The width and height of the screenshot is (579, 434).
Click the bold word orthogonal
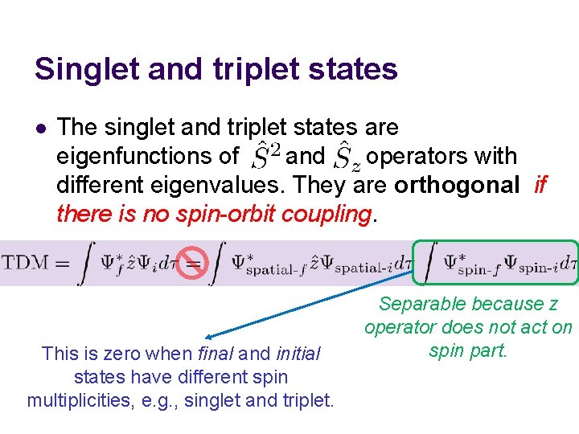(457, 185)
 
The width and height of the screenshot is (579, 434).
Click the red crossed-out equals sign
(193, 263)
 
